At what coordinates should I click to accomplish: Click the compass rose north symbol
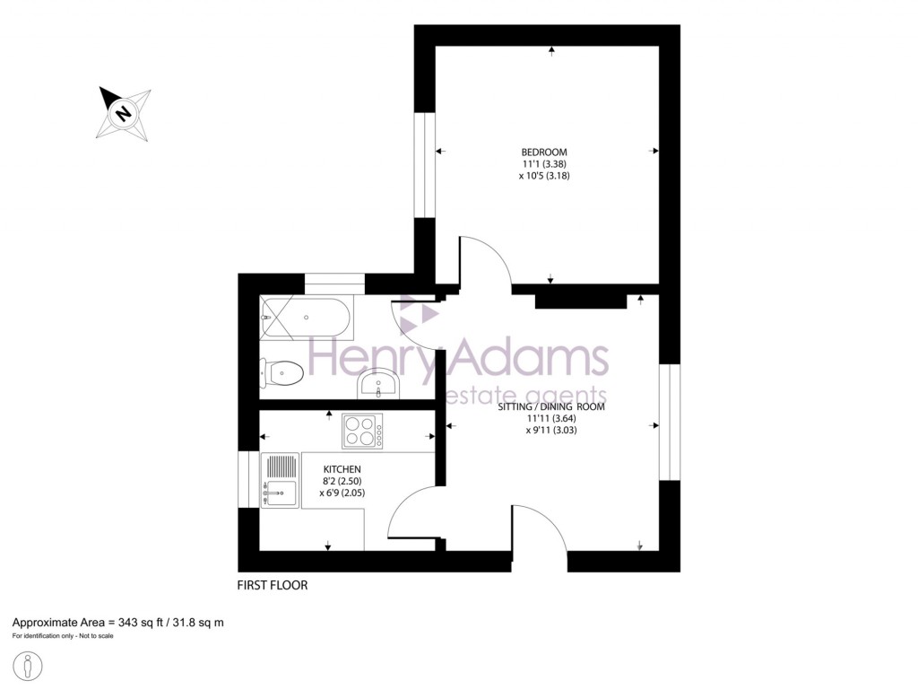[x=124, y=113]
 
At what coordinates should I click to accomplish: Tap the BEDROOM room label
[x=545, y=152]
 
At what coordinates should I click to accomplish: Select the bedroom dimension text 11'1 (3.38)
[x=545, y=164]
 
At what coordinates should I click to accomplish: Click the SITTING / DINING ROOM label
[x=551, y=406]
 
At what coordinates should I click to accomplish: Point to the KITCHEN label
[x=342, y=469]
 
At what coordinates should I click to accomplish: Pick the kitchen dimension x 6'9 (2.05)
[x=342, y=493]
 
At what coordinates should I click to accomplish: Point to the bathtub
[x=306, y=317]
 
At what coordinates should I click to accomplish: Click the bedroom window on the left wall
[x=425, y=165]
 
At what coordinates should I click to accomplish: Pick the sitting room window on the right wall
[x=670, y=422]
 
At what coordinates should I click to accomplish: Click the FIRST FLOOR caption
[x=272, y=585]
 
